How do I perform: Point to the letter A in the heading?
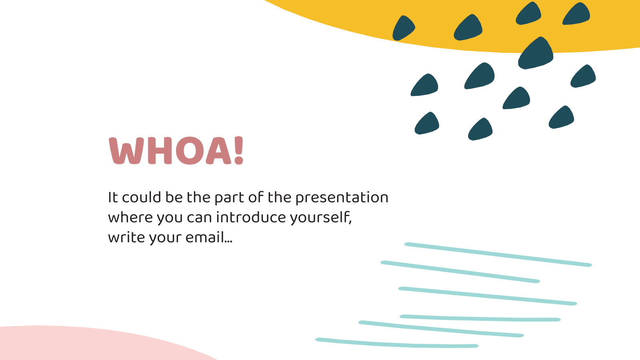pyautogui.click(x=218, y=151)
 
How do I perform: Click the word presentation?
pyautogui.click(x=342, y=198)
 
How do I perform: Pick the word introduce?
pyautogui.click(x=251, y=217)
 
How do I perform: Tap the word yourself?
pyautogui.click(x=321, y=218)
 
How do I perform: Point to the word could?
pyautogui.click(x=142, y=197)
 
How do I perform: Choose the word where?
pyautogui.click(x=130, y=217)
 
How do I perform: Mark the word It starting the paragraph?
pyautogui.click(x=113, y=197)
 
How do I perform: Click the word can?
pyautogui.click(x=200, y=218)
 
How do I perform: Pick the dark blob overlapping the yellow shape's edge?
pyautogui.click(x=536, y=53)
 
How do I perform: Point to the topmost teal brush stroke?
pyautogui.click(x=498, y=254)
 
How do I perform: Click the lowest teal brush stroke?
pyautogui.click(x=397, y=343)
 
